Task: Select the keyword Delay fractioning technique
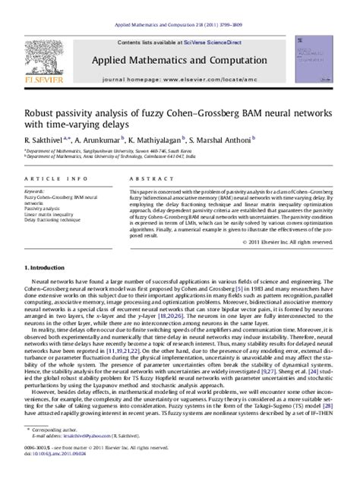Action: [58, 219]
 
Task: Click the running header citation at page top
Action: [180, 5]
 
